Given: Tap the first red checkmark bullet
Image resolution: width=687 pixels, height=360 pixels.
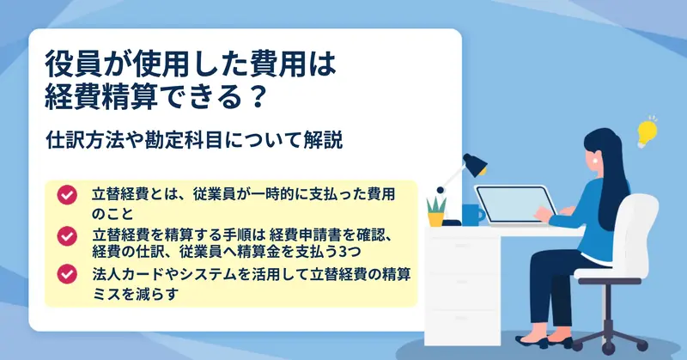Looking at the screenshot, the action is pyautogui.click(x=67, y=195).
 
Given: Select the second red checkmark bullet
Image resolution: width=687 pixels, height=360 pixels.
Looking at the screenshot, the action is pyautogui.click(x=67, y=236).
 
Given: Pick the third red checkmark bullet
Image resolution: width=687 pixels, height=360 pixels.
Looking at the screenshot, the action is pyautogui.click(x=67, y=274).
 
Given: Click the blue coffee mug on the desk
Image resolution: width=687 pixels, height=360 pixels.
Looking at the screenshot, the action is pyautogui.click(x=472, y=215).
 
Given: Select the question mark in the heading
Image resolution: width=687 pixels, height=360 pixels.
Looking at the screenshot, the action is pyautogui.click(x=255, y=97).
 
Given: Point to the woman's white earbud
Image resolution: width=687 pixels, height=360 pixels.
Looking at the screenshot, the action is pyautogui.click(x=596, y=161).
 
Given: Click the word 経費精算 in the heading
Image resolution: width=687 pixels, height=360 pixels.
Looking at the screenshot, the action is pyautogui.click(x=100, y=97).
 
